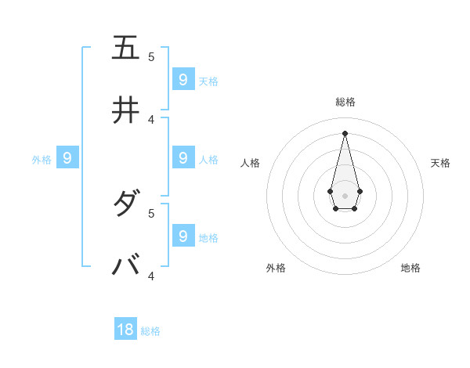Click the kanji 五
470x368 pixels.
[125, 48]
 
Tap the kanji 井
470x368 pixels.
[125, 110]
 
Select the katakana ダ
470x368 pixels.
[125, 204]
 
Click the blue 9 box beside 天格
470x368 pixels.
[183, 79]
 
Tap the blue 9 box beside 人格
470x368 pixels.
[183, 157]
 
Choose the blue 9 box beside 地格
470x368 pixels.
[183, 236]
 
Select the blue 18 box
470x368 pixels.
[125, 330]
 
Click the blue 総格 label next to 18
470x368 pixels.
[150, 331]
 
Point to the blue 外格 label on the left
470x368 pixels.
[42, 160]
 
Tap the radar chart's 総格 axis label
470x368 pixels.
[345, 102]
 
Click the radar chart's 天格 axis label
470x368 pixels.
[440, 163]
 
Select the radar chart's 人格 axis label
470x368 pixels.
[251, 163]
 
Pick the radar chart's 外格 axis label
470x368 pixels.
[276, 268]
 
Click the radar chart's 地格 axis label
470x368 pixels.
[410, 268]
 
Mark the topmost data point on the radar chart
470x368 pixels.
[345, 132]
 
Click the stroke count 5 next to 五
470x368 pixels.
[151, 56]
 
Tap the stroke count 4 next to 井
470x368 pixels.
[151, 119]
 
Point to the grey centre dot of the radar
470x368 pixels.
[345, 196]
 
